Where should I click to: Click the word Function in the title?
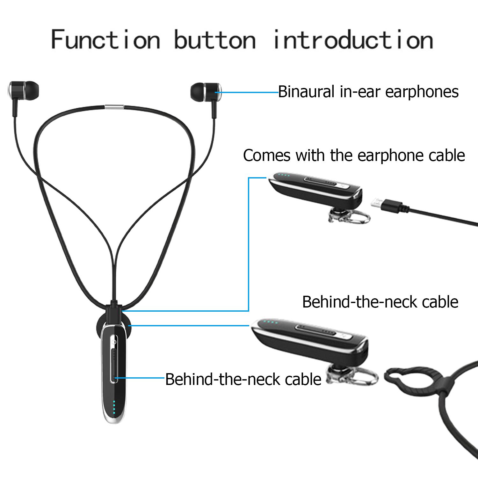click(105, 40)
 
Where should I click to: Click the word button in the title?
click(215, 40)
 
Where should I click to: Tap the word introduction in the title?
click(353, 40)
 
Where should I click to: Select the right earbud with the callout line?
click(206, 91)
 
